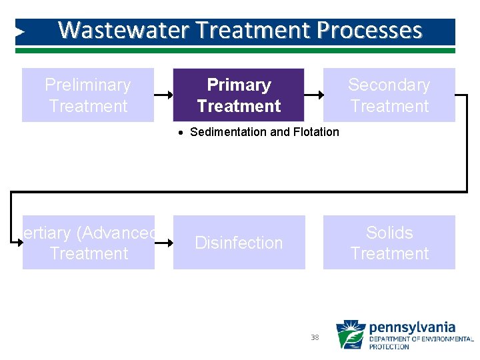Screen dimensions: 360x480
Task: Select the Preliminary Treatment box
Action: pyautogui.click(x=88, y=95)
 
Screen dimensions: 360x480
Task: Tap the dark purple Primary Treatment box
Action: pyautogui.click(x=239, y=95)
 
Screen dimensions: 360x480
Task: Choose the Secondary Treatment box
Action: pyautogui.click(x=389, y=95)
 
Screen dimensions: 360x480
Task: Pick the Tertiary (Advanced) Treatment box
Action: pyautogui.click(x=89, y=243)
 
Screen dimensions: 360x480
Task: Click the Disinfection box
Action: pyautogui.click(x=239, y=243)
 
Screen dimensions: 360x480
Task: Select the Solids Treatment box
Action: pyautogui.click(x=389, y=243)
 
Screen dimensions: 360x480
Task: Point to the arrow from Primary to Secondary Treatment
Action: pyautogui.click(x=314, y=95)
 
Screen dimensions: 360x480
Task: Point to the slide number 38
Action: pyautogui.click(x=315, y=337)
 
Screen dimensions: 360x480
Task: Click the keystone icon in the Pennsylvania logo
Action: pyautogui.click(x=350, y=335)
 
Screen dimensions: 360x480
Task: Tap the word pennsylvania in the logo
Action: pyautogui.click(x=412, y=327)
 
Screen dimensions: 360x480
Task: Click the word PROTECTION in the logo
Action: pyautogui.click(x=389, y=347)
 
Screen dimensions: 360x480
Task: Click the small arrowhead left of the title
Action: pyautogui.click(x=20, y=31)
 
